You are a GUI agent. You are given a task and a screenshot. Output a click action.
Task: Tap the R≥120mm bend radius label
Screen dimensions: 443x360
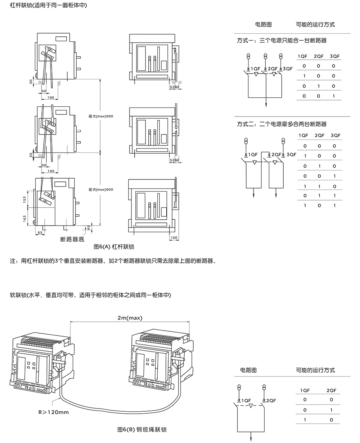(x=54, y=412)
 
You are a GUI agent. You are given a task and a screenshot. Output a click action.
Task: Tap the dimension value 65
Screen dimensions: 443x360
(x=40, y=233)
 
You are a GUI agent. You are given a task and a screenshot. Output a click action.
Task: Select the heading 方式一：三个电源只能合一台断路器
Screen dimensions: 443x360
(x=282, y=40)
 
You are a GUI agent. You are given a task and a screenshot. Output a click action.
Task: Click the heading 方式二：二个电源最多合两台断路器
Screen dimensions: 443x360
(x=282, y=124)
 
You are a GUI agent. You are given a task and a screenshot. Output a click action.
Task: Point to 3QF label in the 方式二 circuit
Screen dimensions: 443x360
(x=292, y=155)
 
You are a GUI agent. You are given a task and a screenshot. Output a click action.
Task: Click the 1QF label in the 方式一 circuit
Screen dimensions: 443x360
(x=255, y=68)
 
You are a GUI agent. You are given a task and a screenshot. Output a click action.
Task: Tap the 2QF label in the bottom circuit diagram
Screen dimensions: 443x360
(x=270, y=400)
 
